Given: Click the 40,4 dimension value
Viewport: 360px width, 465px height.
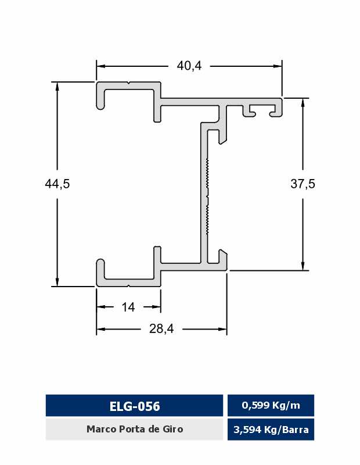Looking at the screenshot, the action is pos(189,66).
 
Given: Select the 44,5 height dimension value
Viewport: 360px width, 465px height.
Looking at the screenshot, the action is pos(57,184).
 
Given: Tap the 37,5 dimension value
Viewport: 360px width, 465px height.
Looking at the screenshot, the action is pos(303,184).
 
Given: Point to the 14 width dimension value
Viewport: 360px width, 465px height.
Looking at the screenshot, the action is pos(128,307).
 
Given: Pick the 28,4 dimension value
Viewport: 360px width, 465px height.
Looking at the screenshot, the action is pos(161,328).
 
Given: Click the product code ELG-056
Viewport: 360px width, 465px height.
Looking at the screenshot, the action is pos(135,406).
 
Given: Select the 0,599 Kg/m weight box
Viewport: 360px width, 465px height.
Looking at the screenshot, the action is pos(271,405).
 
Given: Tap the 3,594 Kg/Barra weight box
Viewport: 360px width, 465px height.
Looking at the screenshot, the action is pos(271,430).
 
